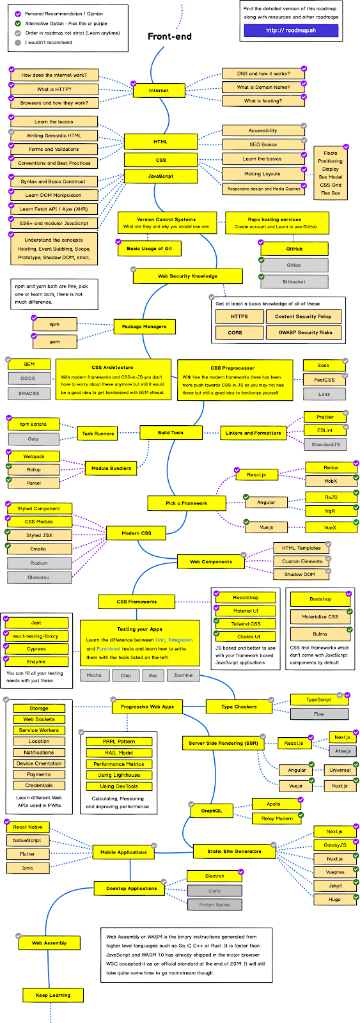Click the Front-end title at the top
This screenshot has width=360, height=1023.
coord(169,36)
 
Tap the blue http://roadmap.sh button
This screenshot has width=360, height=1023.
coord(291,30)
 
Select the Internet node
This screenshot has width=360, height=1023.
coord(159,90)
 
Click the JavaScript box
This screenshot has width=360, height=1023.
coord(160,176)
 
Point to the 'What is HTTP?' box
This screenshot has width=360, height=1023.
coord(54,90)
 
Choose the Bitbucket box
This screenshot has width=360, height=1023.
coord(294,281)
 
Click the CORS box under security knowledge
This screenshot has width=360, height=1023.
coord(235,332)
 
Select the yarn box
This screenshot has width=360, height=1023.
coord(55,341)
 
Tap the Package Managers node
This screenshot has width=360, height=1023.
coord(144,327)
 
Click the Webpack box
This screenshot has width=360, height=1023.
coord(34,457)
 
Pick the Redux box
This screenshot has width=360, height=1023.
coord(331,468)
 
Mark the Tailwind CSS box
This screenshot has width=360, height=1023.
coord(246,623)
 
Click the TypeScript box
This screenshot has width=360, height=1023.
coord(318,699)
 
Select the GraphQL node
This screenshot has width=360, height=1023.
coord(212,811)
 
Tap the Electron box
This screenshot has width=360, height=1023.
coord(215,876)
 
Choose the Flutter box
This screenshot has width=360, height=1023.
coord(27,854)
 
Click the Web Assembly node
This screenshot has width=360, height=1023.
coord(50,943)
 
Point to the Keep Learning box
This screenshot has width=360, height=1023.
coord(53,996)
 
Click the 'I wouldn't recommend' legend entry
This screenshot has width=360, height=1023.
coord(48,43)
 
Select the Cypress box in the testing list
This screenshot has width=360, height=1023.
coord(36,649)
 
